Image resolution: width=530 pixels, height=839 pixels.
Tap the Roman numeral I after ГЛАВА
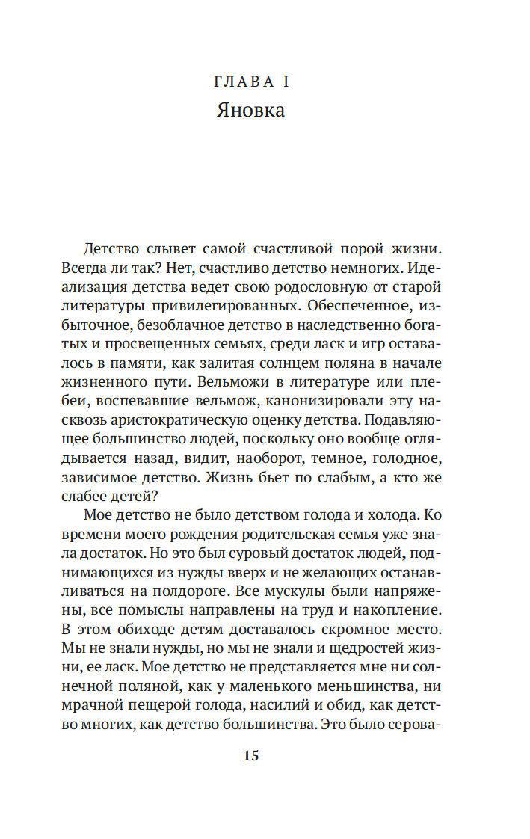tap(286, 81)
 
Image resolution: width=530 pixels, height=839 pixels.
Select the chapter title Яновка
tap(250, 111)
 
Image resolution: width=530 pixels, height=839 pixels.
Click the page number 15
tap(250, 756)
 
